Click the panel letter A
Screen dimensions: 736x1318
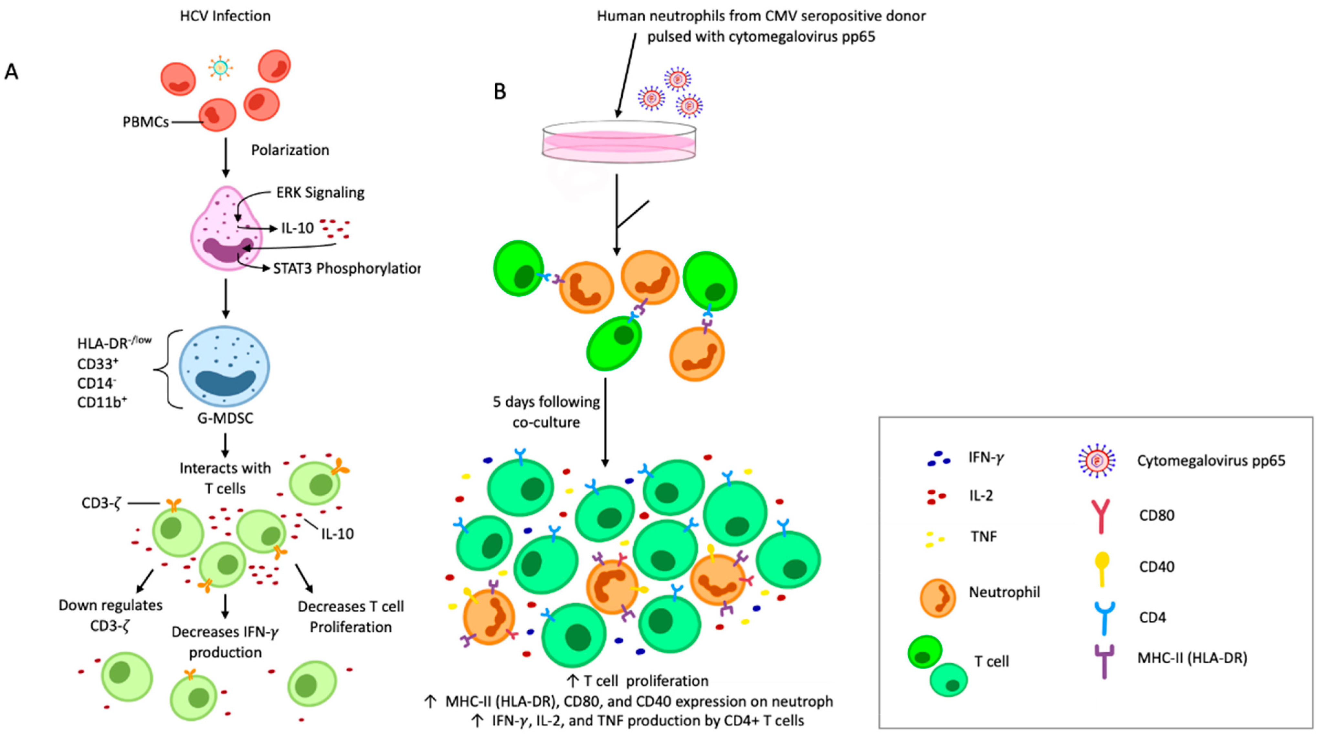[x=11, y=72]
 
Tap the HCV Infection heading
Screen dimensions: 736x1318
[x=225, y=16]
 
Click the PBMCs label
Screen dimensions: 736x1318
[x=145, y=122]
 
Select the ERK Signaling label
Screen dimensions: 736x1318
[x=320, y=193]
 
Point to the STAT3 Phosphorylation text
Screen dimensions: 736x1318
[x=346, y=268]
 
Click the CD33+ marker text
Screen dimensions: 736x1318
[x=97, y=364]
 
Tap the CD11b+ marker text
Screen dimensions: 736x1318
[x=102, y=403]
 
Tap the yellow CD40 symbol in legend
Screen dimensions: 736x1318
[x=1102, y=568]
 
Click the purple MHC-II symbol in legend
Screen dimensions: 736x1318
[x=1104, y=660]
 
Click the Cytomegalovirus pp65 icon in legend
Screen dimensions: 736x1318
[x=1096, y=461]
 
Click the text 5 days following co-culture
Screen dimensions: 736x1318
[x=546, y=412]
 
